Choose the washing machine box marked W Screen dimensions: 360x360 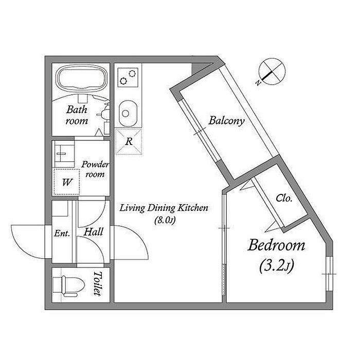coord(66,182)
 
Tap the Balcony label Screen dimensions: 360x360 coord(226,121)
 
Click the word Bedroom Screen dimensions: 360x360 coord(276,245)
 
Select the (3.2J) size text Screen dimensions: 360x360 coord(276,266)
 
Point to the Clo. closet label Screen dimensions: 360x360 coord(284,198)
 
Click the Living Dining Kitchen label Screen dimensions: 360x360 coord(164,208)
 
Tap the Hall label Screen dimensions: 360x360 coord(94,232)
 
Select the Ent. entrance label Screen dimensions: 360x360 coord(62,233)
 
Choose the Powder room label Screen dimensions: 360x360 coord(95,169)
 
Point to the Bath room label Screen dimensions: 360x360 coord(77,115)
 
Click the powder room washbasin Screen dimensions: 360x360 coord(64,150)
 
